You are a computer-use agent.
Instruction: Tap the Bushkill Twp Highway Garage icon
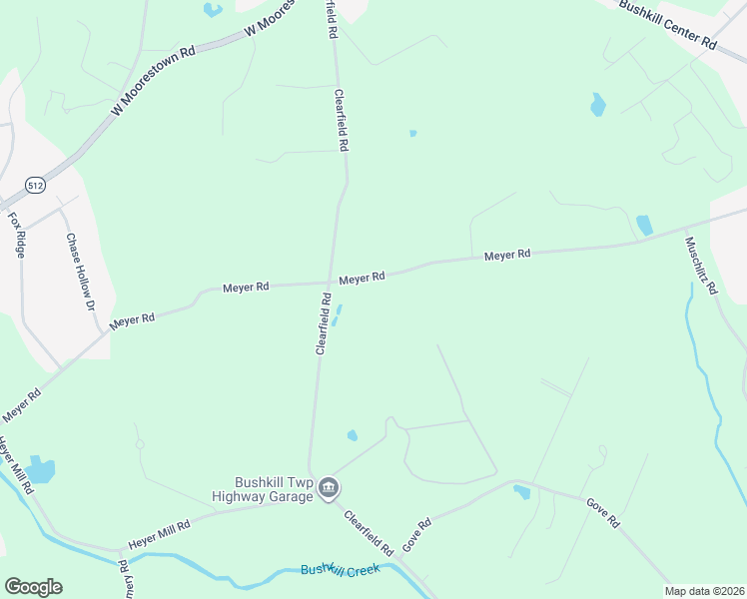point(330,488)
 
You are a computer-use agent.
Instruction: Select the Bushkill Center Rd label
point(667,24)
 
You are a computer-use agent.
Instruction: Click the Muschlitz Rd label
point(700,264)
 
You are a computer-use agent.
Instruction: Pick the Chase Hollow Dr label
point(78,269)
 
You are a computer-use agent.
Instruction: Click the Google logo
point(33,587)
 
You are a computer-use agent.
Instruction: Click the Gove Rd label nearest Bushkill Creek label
point(416,535)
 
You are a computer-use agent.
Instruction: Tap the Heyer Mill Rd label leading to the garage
point(160,533)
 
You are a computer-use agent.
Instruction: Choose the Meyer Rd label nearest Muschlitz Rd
point(506,256)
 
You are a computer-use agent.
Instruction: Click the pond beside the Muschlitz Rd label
point(644,226)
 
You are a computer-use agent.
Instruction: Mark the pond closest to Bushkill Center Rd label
point(597,104)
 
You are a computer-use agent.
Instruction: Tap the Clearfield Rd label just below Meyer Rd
point(323,323)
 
